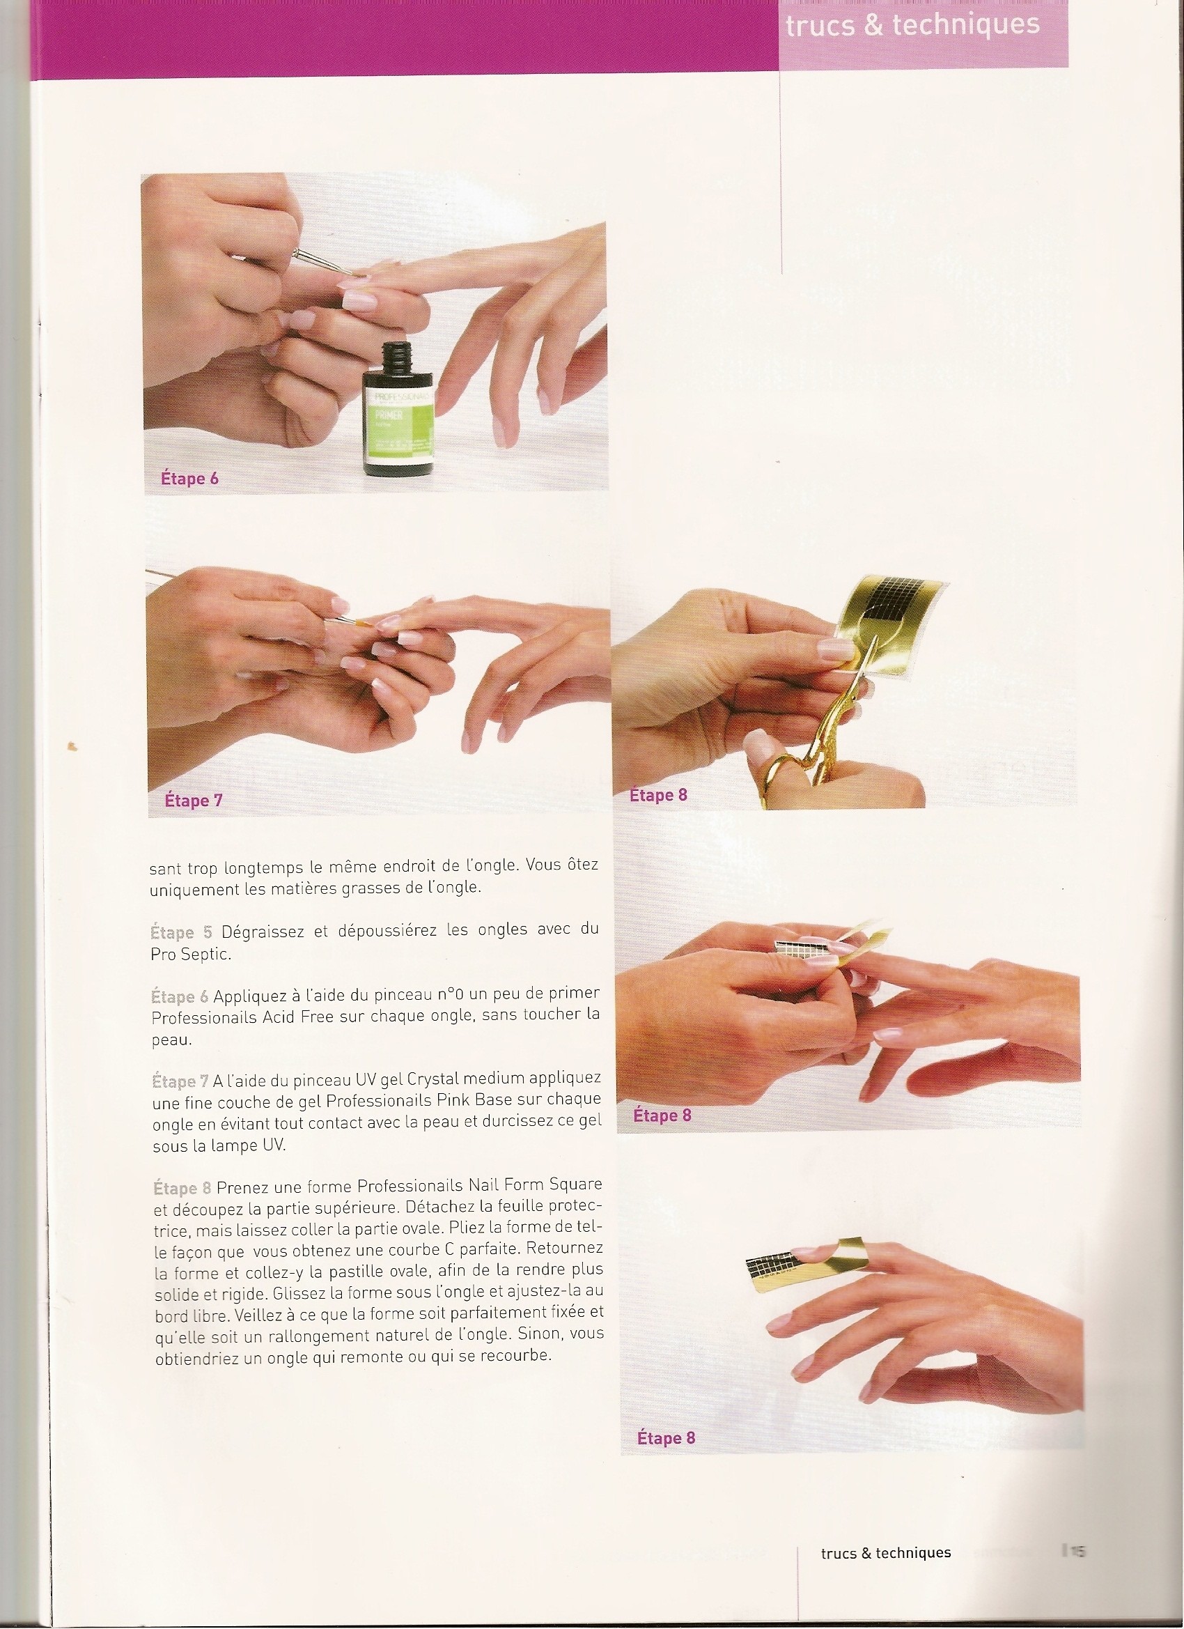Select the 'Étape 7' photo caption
193,799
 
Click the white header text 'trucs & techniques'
912,24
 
